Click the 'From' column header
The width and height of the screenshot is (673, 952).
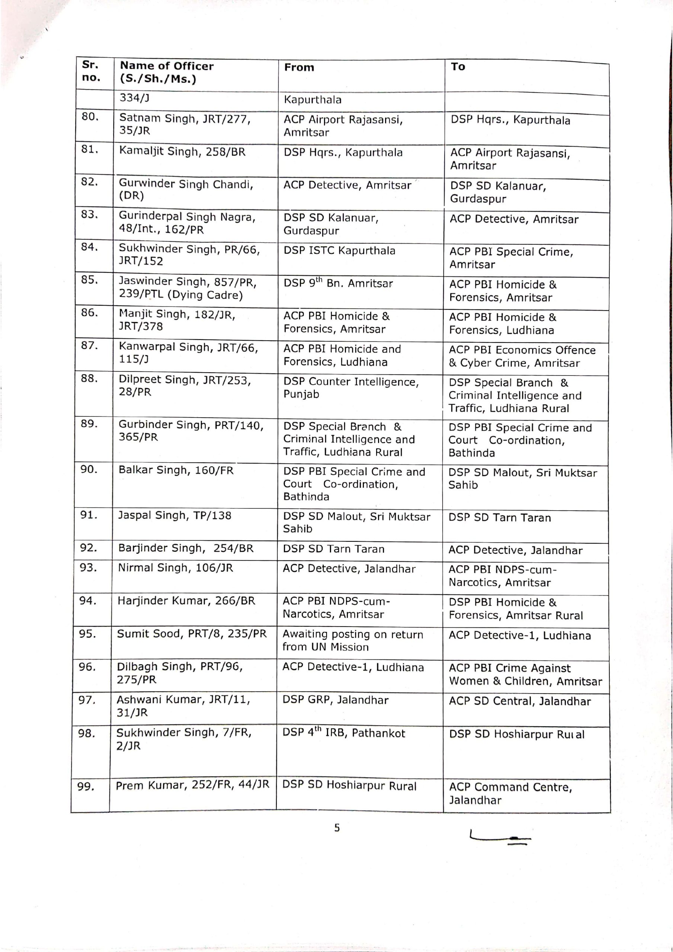[x=299, y=68]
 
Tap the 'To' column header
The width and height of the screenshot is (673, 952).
[x=458, y=67]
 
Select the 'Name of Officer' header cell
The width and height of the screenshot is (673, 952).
[x=166, y=72]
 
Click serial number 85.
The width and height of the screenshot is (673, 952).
[x=89, y=280]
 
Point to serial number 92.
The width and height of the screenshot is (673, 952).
[x=89, y=548]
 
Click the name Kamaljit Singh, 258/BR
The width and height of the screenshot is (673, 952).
[x=182, y=152]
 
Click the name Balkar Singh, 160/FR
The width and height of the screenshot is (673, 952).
[x=176, y=470]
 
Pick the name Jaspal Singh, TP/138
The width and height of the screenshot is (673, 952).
[x=175, y=515]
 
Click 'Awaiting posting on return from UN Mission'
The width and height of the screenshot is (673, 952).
[x=353, y=640]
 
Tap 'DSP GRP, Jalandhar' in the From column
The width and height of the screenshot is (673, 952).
[x=335, y=700]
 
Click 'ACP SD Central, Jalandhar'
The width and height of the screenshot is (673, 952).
[x=519, y=701]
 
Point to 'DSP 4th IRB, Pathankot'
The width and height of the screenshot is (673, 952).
[x=343, y=733]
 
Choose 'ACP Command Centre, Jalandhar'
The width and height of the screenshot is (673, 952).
[x=510, y=793]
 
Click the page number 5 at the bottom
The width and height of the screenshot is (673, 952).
[x=337, y=828]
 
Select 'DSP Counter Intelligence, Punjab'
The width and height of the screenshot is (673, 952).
[x=350, y=388]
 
